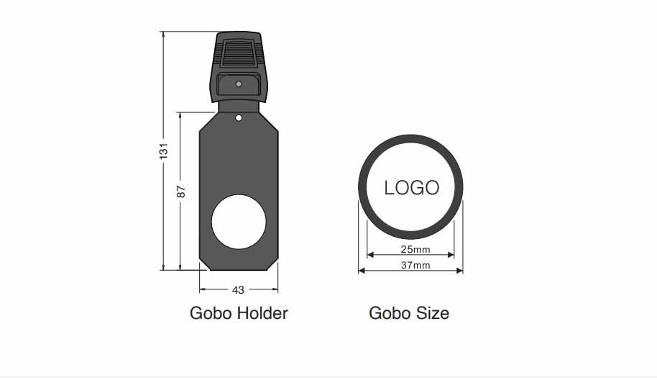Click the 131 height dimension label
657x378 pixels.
[x=163, y=151]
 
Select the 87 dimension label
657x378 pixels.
[x=180, y=192]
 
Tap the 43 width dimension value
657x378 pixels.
[x=238, y=290]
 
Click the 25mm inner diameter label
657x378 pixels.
[x=415, y=249]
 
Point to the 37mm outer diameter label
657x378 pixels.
[x=415, y=265]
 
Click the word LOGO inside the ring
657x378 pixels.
[x=411, y=187]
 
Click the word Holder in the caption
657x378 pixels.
[x=262, y=313]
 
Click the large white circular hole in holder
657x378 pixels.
[x=239, y=222]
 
